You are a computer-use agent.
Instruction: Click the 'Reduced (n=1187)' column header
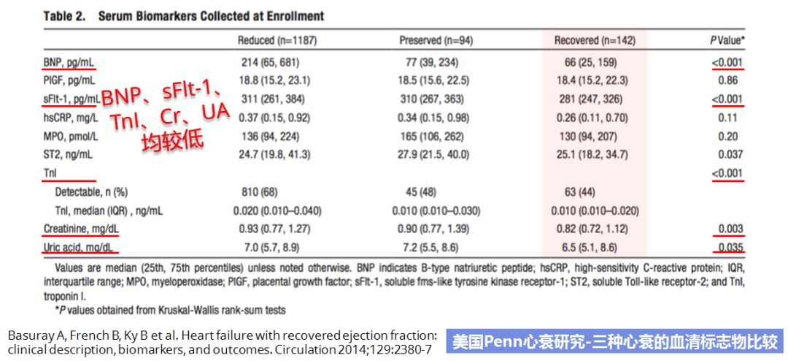click(x=277, y=40)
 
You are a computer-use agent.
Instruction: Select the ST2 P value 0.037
click(x=730, y=155)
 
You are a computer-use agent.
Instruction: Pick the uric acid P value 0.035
click(x=730, y=248)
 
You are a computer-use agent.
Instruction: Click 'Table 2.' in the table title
click(x=66, y=15)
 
